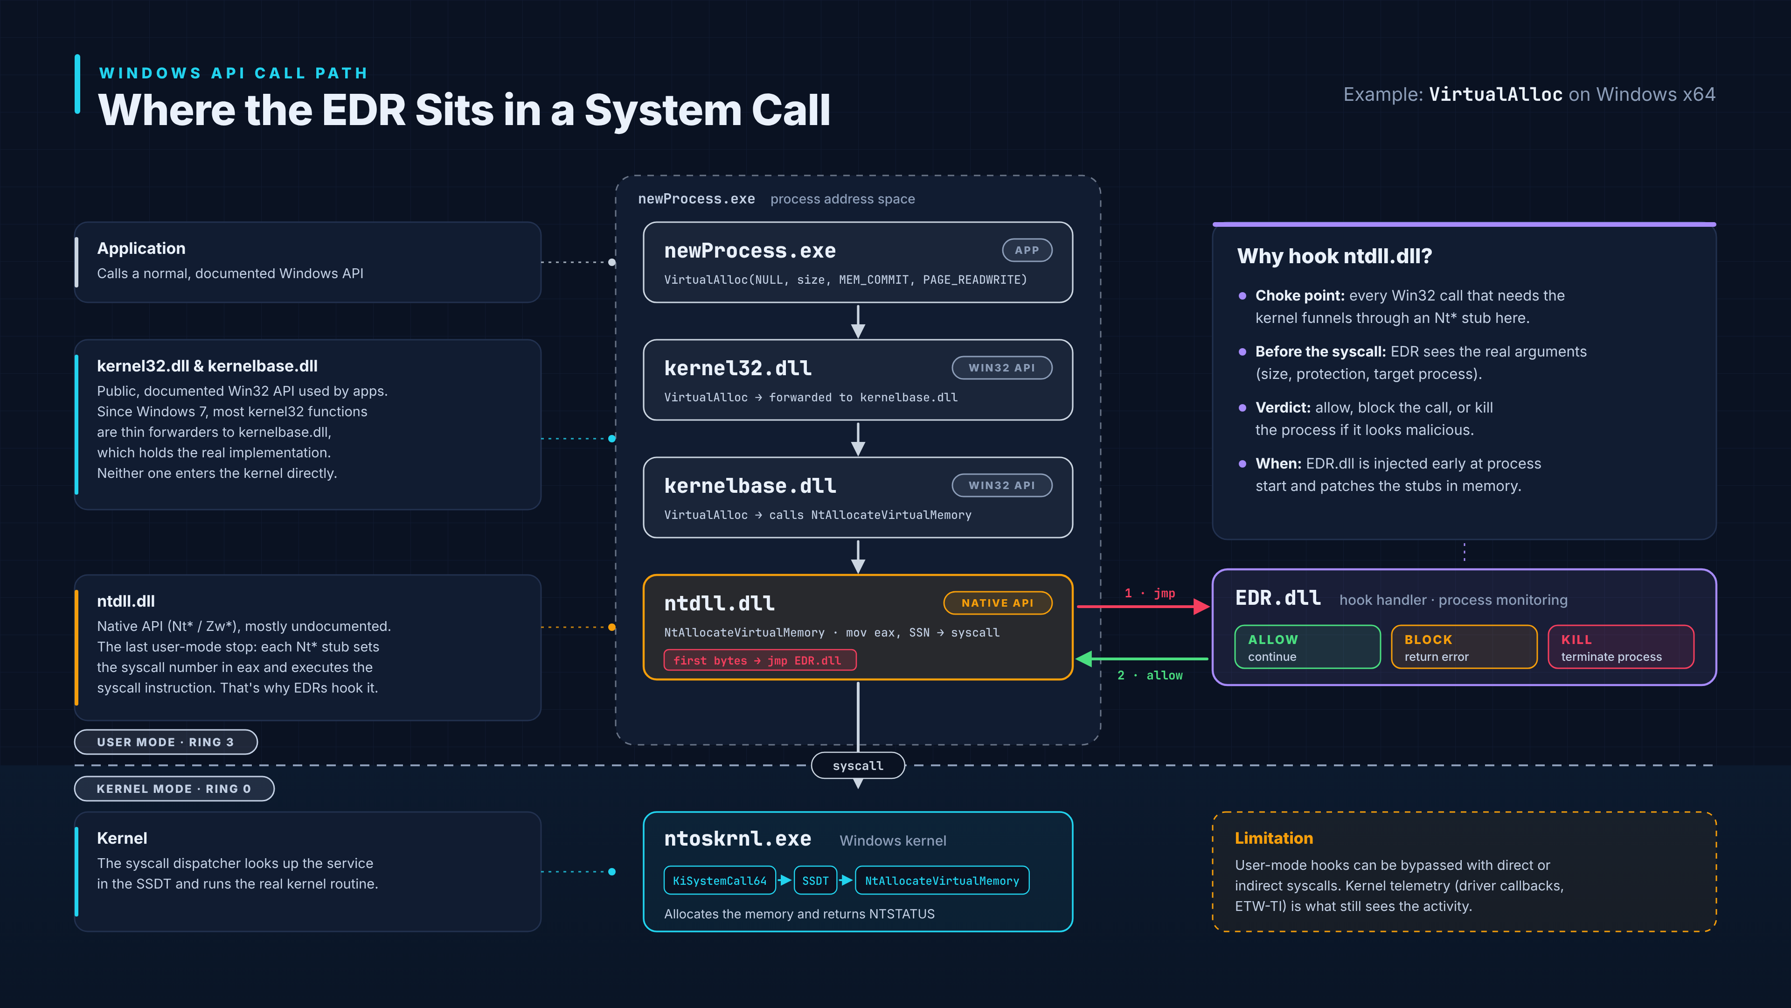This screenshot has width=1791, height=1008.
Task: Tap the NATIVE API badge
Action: tap(997, 603)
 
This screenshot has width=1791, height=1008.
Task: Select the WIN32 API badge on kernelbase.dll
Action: tap(1001, 485)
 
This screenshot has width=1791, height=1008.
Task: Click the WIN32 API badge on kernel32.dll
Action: tap(1001, 368)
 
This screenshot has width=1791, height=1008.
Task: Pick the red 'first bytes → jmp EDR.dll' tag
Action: tap(759, 660)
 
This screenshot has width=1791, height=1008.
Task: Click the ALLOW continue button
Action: tap(1307, 647)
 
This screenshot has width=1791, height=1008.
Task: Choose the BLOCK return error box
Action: tap(1464, 647)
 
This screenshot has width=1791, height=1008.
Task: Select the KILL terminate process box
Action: tap(1621, 647)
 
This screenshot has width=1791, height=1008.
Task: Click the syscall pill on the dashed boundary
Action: tap(858, 765)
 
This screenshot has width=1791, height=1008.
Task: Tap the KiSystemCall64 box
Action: tap(720, 880)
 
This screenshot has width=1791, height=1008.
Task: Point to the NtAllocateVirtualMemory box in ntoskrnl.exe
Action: tap(942, 880)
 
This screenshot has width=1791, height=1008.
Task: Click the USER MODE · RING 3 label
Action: tap(166, 742)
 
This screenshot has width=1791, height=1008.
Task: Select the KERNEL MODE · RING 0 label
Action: tap(174, 789)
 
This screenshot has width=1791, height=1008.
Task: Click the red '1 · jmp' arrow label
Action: tap(1150, 594)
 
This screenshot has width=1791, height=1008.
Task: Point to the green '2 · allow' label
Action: tap(1150, 675)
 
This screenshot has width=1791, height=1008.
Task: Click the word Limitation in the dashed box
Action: tap(1274, 838)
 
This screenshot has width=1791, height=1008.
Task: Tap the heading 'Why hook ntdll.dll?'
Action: tap(1335, 256)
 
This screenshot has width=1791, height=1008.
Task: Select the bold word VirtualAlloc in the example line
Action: tap(1495, 95)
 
